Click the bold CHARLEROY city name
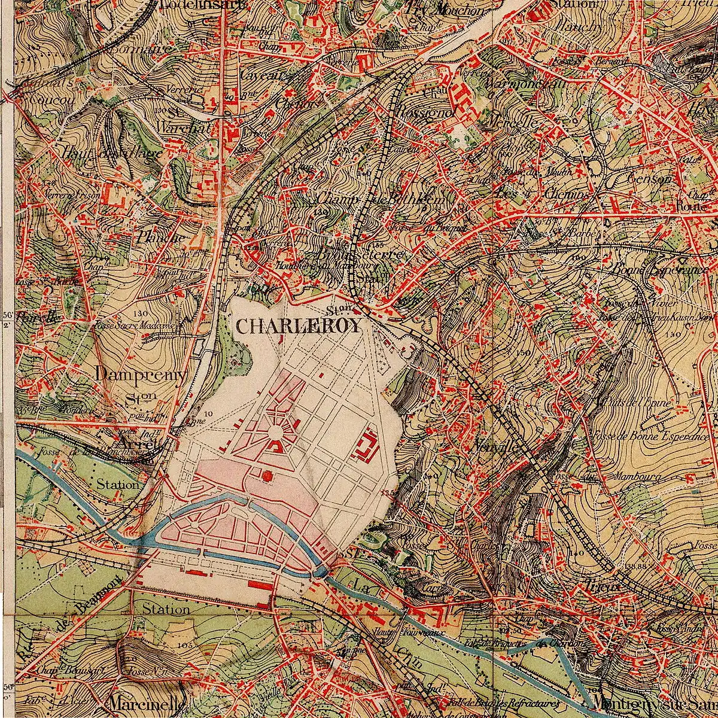tap(299, 326)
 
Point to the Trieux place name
tap(601, 586)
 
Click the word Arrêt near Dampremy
tap(138, 444)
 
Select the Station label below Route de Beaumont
tap(166, 610)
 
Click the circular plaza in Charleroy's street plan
tap(276, 432)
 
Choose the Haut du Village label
tap(111, 154)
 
